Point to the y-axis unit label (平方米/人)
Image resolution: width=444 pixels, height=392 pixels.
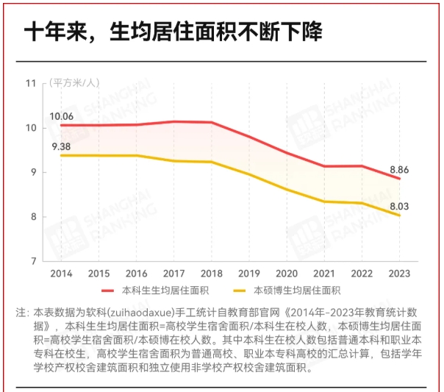(x=74, y=82)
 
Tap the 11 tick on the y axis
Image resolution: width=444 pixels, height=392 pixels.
(x=31, y=83)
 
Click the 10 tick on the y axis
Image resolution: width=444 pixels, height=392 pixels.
(x=31, y=128)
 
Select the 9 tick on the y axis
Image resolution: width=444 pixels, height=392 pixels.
(x=33, y=172)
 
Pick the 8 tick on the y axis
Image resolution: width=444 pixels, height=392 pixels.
(x=33, y=217)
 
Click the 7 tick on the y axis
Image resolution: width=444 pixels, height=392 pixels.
(x=33, y=261)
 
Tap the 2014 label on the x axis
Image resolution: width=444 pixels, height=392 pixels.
(x=61, y=274)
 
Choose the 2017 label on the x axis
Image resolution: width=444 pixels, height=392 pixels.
(x=174, y=274)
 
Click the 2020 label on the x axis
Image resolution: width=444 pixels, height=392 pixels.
(x=287, y=274)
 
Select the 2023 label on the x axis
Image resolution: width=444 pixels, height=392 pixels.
(x=399, y=274)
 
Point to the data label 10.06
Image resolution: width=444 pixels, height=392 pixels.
(x=61, y=116)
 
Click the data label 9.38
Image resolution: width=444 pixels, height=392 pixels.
(x=61, y=146)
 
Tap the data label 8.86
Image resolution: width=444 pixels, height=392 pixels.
(x=399, y=169)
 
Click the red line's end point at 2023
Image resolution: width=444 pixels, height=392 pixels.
(x=399, y=179)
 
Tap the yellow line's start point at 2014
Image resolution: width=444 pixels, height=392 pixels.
(x=62, y=155)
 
